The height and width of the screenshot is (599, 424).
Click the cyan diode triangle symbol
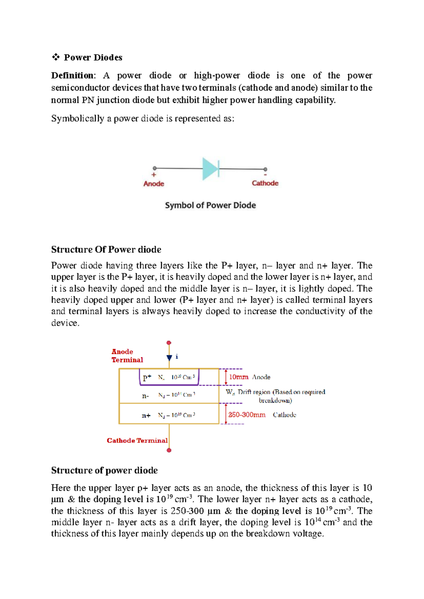[210, 169]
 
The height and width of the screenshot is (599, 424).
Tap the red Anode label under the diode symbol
[154, 184]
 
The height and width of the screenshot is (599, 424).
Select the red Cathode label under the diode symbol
[265, 183]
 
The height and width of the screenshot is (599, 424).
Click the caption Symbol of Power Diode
[210, 205]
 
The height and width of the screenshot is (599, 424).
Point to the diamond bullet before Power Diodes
[55, 57]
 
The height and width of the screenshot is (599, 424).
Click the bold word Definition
[72, 76]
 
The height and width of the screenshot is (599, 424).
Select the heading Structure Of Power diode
[106, 250]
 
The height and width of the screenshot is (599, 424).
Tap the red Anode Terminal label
[127, 356]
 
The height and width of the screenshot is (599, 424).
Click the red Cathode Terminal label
[137, 440]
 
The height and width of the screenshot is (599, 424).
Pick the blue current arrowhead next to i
[169, 358]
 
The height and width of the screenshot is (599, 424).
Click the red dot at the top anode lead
[169, 343]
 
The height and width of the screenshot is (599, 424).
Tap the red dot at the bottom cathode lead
[169, 450]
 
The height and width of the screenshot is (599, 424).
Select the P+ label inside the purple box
[147, 378]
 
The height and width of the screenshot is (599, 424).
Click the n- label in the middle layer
[145, 396]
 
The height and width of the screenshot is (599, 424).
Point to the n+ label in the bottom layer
[146, 416]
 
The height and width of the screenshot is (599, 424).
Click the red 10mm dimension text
[239, 377]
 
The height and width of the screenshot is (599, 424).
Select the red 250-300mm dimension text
[247, 415]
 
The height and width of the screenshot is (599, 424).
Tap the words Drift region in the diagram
[254, 392]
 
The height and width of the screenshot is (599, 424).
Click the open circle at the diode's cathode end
[265, 170]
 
